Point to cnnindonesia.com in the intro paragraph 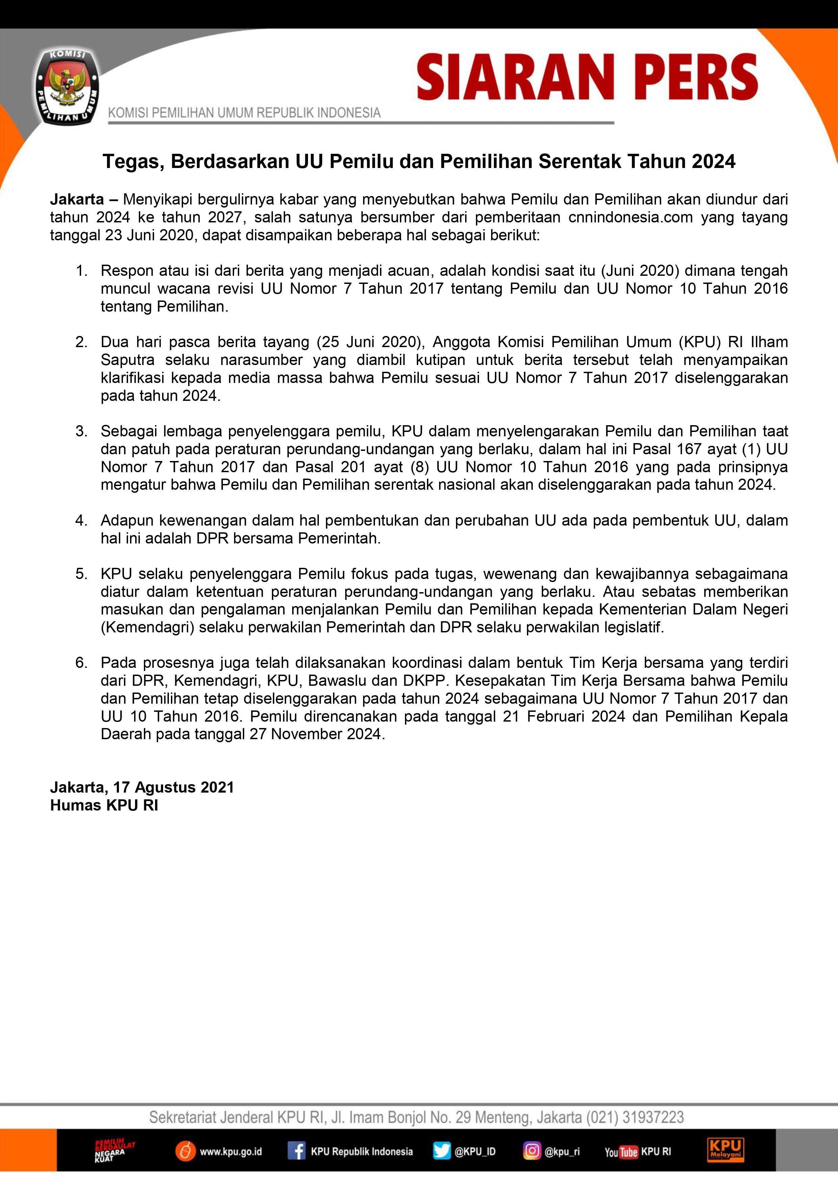pyautogui.click(x=630, y=217)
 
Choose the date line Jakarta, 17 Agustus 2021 pyautogui.click(x=142, y=787)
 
